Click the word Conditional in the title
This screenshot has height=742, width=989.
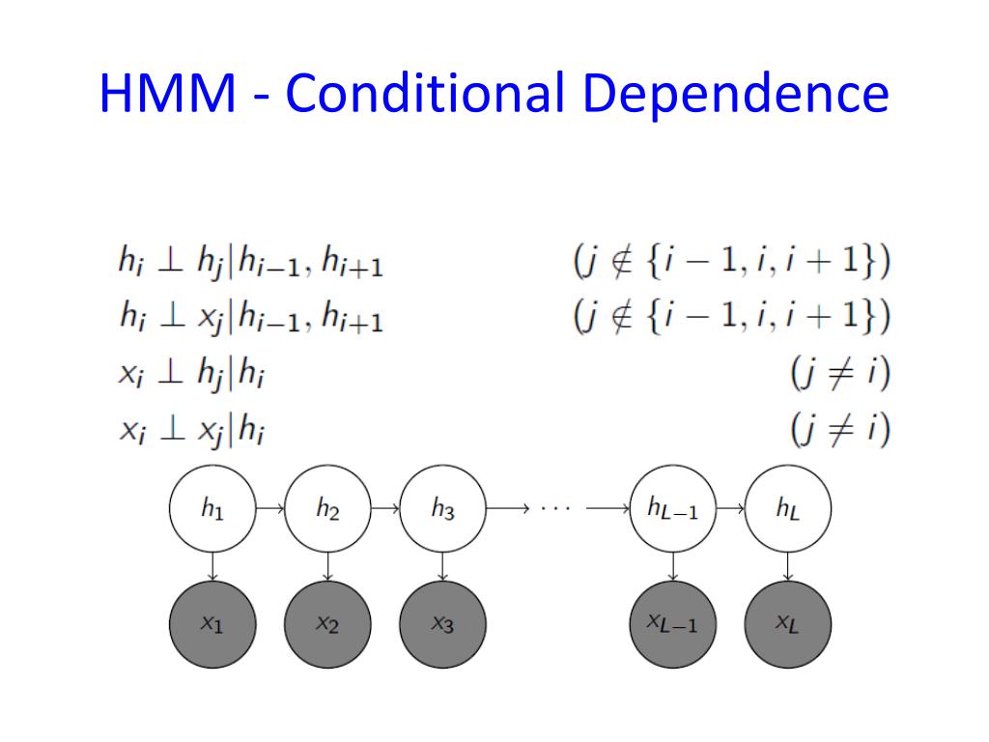tap(425, 93)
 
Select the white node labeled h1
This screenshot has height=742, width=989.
tap(212, 508)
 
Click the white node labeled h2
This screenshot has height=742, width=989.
tap(327, 508)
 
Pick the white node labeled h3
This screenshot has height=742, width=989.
tap(442, 508)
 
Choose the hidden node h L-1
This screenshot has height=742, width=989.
tap(672, 508)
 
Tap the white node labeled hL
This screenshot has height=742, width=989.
tap(787, 508)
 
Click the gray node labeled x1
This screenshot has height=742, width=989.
tap(212, 624)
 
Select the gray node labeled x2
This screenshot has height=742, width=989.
tap(327, 624)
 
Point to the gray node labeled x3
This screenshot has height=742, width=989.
tap(442, 624)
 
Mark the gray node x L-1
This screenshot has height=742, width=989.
tap(672, 624)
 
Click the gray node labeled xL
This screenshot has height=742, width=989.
tap(787, 624)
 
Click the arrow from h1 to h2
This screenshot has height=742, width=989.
tap(269, 507)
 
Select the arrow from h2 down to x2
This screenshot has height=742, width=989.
tap(327, 566)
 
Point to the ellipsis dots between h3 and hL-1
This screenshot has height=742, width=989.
tap(556, 507)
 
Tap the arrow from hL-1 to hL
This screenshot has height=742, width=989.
tap(730, 507)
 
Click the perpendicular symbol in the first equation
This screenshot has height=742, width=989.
tap(170, 262)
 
